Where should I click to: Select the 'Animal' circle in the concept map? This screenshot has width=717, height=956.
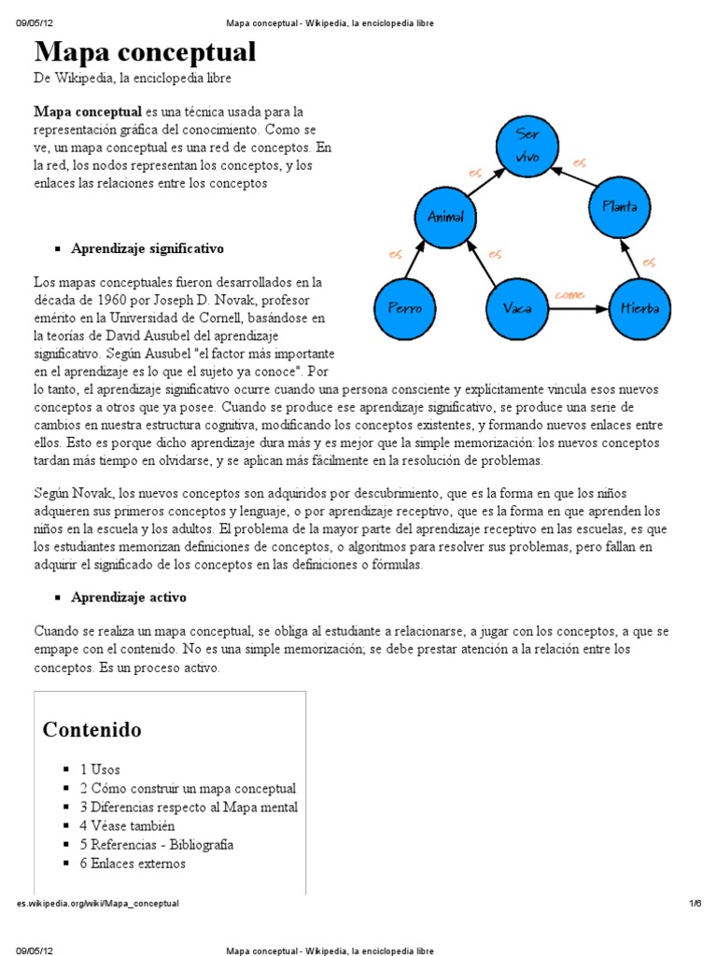445,216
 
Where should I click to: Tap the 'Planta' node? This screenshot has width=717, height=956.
619,206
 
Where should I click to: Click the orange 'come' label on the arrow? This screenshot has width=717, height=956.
569,295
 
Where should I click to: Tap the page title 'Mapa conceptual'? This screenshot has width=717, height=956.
145,51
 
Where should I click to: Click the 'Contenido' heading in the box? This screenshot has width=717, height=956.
91,729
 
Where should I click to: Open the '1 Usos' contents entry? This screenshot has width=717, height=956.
100,769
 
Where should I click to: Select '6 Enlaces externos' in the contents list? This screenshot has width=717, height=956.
133,864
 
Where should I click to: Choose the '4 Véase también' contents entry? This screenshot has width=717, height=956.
127,825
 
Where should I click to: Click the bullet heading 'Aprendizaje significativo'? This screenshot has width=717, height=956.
148,249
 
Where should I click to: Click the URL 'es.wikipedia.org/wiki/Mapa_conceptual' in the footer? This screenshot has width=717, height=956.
98,904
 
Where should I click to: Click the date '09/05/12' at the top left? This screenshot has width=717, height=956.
34,22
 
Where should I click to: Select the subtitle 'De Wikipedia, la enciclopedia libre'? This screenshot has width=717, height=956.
133,78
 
